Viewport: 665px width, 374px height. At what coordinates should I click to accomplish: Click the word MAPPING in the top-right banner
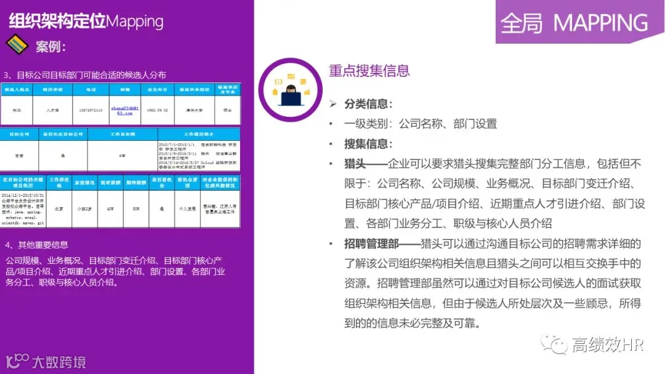[x=600, y=23]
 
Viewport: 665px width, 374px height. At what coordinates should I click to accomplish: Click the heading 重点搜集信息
[x=369, y=71]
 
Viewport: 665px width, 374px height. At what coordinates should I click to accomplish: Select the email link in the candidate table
[x=121, y=110]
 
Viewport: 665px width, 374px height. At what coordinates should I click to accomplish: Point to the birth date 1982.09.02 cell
[x=158, y=110]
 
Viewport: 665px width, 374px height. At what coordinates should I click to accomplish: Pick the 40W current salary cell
[x=110, y=209]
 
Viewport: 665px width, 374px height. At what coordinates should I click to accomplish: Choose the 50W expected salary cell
[x=136, y=209]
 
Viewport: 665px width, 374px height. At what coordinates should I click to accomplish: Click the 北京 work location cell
[x=59, y=209]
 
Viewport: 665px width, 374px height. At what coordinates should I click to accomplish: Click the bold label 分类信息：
[x=368, y=104]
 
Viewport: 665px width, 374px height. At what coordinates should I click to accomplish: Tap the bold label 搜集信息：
[x=368, y=144]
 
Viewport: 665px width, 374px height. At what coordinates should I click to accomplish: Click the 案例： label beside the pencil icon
[x=50, y=47]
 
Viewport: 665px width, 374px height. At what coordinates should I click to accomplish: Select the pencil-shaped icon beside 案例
[x=17, y=45]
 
